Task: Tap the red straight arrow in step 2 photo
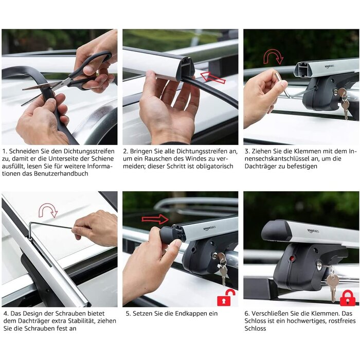[213, 77]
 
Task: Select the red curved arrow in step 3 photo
[273, 57]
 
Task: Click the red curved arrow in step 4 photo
[48, 210]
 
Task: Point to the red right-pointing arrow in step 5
[155, 219]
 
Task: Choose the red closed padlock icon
[347, 298]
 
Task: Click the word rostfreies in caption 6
[340, 321]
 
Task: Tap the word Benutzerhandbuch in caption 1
[61, 173]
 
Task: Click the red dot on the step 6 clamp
[292, 259]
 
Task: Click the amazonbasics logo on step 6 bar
[313, 231]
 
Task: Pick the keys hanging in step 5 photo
[222, 269]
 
